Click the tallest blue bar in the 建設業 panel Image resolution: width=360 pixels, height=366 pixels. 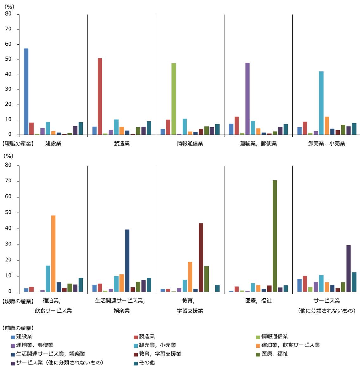[x=26, y=92]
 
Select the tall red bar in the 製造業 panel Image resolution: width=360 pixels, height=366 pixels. [x=100, y=97]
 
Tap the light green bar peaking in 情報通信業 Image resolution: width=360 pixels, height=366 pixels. [x=174, y=99]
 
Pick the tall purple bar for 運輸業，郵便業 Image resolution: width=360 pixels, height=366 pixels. [x=248, y=99]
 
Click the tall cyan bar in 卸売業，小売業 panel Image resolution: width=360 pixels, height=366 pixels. [x=321, y=103]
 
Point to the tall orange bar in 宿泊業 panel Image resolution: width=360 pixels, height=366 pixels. [x=53, y=253]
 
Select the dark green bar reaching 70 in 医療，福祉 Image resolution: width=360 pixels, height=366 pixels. [x=275, y=236]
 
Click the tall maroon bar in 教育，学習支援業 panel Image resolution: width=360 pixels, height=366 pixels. [x=201, y=257]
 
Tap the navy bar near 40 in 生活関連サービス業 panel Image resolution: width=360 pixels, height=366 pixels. [x=127, y=260]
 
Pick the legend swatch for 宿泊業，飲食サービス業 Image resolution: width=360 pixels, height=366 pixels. [x=258, y=345]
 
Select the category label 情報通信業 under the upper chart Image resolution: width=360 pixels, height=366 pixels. [x=190, y=143]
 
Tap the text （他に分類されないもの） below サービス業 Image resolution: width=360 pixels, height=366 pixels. [x=327, y=310]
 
